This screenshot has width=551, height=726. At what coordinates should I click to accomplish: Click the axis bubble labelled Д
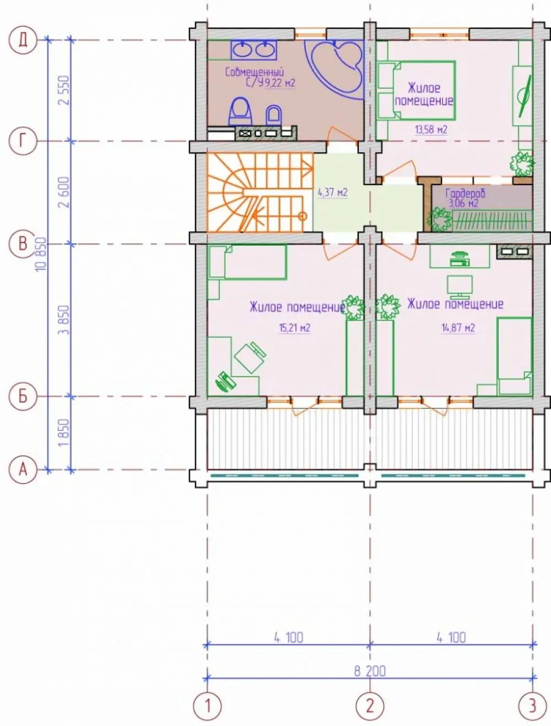23,40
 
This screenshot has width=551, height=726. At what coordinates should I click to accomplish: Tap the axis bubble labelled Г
23,141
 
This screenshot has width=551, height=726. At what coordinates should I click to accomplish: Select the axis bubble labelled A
23,470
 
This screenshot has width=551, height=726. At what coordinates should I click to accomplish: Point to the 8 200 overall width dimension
370,671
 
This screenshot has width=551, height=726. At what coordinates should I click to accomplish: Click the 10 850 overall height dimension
41,254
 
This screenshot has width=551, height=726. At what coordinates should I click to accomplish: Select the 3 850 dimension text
64,320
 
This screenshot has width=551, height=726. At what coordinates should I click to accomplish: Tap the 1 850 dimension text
64,432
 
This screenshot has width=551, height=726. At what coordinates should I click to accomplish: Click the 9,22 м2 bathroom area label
280,83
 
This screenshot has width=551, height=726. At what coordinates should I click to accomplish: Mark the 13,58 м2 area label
431,129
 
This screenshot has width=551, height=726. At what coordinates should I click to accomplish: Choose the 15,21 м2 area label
295,328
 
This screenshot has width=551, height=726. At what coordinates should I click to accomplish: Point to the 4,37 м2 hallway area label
332,192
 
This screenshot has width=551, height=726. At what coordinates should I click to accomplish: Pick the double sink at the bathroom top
253,50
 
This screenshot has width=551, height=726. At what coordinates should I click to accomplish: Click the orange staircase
260,192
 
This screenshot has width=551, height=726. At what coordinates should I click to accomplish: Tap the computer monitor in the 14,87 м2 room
460,285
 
